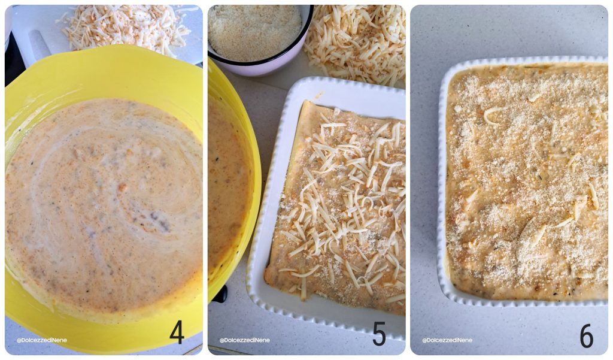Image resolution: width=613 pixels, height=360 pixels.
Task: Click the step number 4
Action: click(177, 332)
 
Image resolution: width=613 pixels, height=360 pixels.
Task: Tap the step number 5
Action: click(379, 334)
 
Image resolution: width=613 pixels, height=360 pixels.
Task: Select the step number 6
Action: click(586, 336)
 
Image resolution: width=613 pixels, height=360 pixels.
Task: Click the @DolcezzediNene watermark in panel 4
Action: click(42, 340)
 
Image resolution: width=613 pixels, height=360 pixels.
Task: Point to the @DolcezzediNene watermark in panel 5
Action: click(244, 340)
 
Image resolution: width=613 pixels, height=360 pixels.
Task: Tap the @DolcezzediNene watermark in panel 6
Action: click(447, 340)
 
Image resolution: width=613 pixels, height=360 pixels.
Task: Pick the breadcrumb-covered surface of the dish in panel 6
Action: click(527, 180)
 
